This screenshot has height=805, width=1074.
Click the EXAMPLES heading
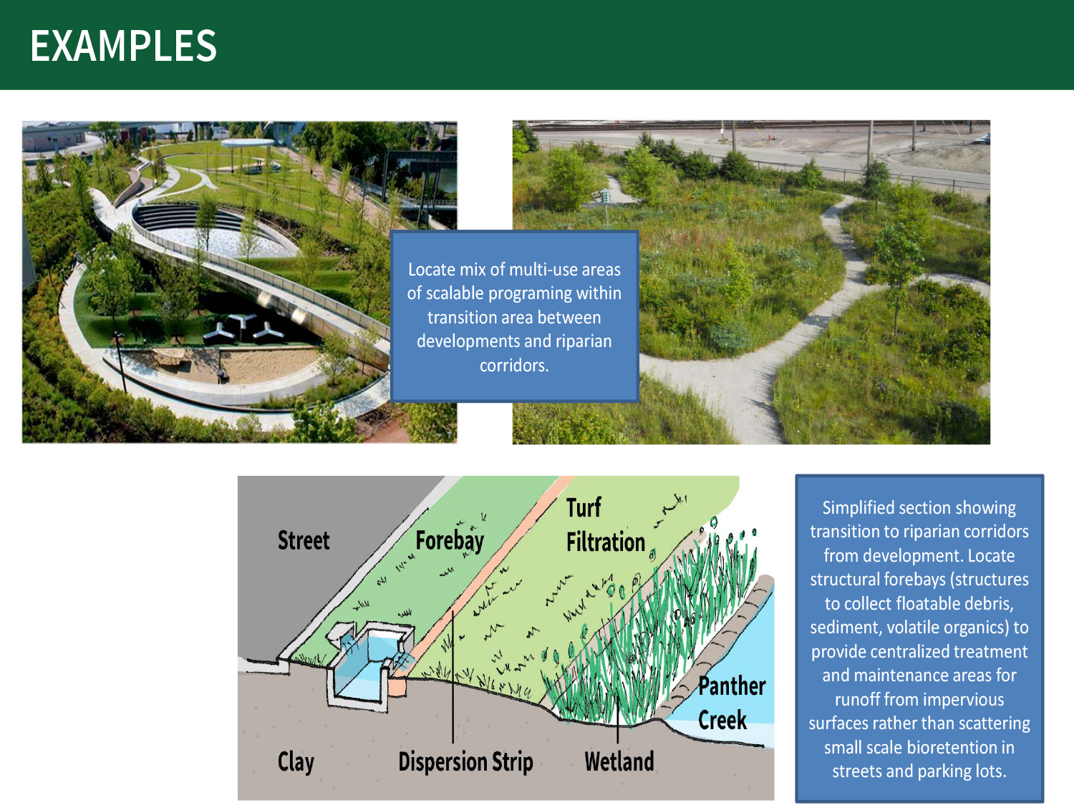click(x=123, y=46)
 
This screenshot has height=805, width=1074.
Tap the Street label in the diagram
click(x=304, y=540)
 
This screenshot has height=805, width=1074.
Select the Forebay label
click(x=450, y=541)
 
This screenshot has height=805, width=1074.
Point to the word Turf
click(x=584, y=507)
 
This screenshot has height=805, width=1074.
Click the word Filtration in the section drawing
click(x=606, y=542)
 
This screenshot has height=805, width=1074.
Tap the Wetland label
click(x=619, y=761)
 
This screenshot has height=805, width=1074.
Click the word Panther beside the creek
click(x=732, y=686)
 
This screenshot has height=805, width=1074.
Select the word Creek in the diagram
click(x=722, y=720)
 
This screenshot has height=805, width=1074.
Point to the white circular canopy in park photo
click(x=247, y=142)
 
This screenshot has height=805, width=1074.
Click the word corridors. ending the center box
click(x=514, y=366)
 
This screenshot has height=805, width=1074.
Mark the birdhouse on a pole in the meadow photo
click(x=606, y=196)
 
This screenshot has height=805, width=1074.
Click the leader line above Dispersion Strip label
click(x=453, y=677)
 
